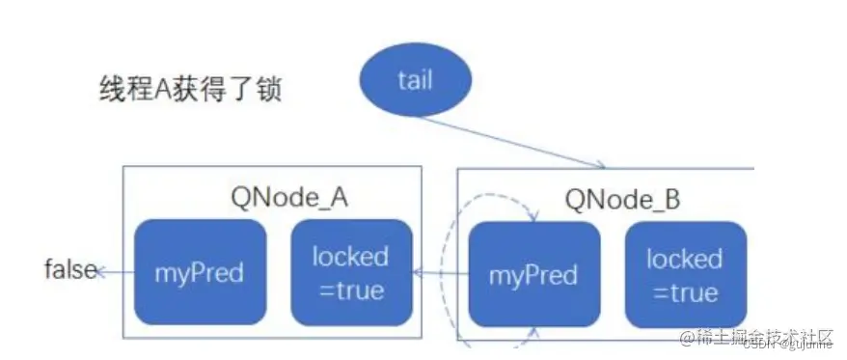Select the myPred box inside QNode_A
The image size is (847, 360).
tap(200, 272)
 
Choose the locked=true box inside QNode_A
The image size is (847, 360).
tap(351, 272)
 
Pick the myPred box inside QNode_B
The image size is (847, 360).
tap(533, 275)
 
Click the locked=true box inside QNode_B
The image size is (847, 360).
tap(685, 275)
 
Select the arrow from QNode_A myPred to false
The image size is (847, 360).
tap(116, 272)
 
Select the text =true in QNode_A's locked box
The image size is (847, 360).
tap(351, 290)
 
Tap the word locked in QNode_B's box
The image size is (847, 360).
tap(685, 259)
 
